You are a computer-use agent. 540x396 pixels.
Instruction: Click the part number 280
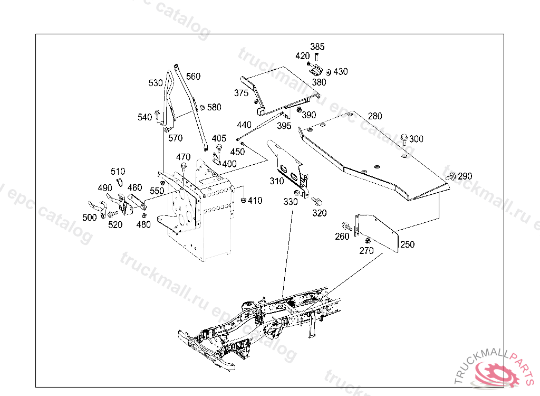coord(375,116)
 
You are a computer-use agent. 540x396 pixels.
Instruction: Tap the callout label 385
coord(317,46)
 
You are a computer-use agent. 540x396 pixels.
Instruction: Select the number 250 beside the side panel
coord(408,244)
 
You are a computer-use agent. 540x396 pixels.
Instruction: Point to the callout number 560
coord(193,76)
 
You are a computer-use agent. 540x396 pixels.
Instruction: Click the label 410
coord(255,201)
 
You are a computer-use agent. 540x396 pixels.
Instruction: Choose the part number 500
coord(90,218)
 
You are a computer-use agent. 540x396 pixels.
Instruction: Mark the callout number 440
coord(244,125)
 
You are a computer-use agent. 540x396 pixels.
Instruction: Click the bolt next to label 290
coord(451,176)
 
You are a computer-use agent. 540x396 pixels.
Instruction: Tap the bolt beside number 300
coord(404,139)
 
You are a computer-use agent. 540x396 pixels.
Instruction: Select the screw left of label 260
coord(347,227)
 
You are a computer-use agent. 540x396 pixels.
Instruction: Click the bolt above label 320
coord(316,201)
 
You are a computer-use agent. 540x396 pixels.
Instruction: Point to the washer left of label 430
coord(328,72)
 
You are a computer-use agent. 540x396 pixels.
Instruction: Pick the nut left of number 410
coord(244,200)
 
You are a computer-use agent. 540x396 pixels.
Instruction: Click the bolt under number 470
coord(184,166)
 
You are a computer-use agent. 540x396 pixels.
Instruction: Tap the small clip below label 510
coord(120,182)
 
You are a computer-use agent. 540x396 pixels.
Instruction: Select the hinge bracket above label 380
coord(316,72)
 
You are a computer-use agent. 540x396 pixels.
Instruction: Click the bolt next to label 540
coord(157,115)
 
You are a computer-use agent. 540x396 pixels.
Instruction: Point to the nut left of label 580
coord(202,107)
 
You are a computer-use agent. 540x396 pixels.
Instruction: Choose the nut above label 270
coord(368,240)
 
